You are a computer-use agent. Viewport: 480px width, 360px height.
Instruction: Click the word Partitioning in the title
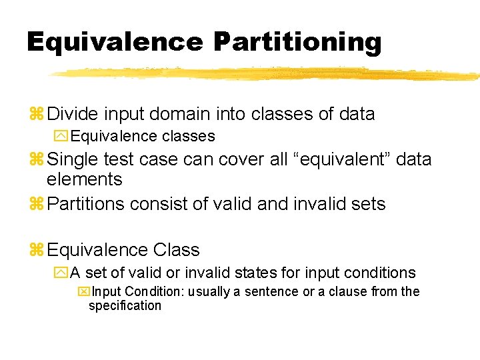click(x=297, y=42)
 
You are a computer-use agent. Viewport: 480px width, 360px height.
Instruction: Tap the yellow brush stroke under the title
click(x=267, y=73)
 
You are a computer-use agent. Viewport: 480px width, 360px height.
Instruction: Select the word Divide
click(x=75, y=114)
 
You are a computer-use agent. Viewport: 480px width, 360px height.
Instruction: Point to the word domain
click(x=191, y=114)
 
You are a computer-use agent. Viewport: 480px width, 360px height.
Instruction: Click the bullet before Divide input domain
click(x=36, y=115)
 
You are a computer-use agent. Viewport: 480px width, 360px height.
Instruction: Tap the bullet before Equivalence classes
click(x=61, y=137)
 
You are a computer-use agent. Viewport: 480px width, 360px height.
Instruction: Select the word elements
click(x=84, y=179)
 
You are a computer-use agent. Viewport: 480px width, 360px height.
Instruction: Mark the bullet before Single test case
click(x=36, y=160)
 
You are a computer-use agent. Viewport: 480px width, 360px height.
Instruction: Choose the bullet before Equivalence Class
click(x=36, y=251)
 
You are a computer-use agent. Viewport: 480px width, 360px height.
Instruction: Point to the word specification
click(x=125, y=305)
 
